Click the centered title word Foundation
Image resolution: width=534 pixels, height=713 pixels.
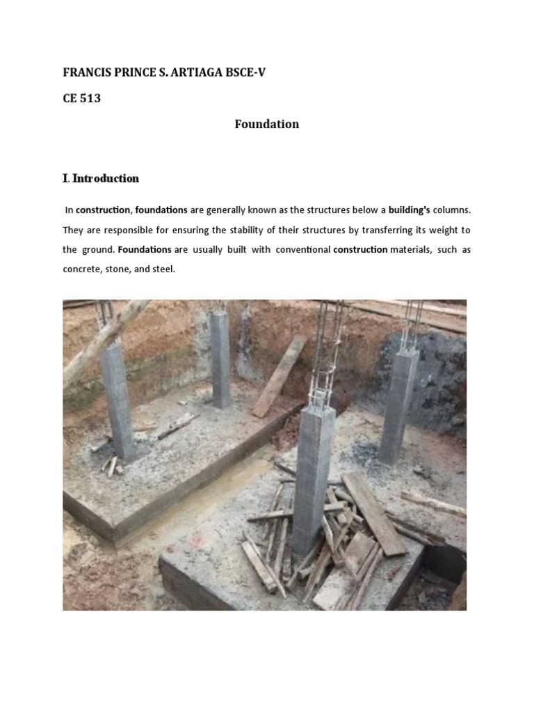pos(266,124)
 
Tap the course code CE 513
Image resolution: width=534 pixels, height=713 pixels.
pos(81,98)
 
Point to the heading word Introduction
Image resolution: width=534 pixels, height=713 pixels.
pos(106,178)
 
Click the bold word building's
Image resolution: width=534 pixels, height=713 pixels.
pos(414,210)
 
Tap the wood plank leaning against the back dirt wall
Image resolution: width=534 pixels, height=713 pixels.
pos(279,376)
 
